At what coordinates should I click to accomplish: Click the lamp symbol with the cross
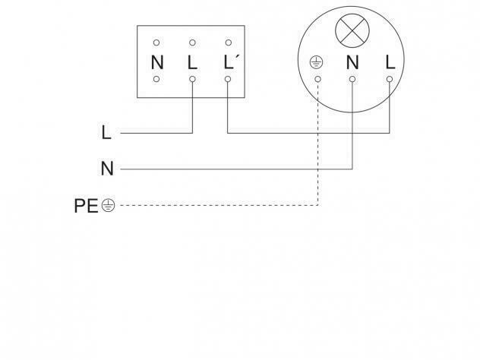[352, 30]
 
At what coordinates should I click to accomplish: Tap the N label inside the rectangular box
[157, 62]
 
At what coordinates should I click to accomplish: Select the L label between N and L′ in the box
[192, 62]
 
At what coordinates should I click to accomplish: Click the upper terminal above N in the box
[156, 43]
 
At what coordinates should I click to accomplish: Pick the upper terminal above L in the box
[192, 43]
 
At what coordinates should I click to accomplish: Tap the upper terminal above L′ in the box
[229, 43]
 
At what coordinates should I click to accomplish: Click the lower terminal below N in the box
[156, 79]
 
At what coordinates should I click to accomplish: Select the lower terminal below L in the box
[192, 79]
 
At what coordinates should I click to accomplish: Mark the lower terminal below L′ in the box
[228, 79]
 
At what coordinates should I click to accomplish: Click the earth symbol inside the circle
[316, 62]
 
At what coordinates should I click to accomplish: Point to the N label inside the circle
[352, 62]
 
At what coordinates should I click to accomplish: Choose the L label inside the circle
[390, 62]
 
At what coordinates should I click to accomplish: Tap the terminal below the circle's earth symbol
[318, 79]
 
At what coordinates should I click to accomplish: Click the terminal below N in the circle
[352, 79]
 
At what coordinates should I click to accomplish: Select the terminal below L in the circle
[390, 79]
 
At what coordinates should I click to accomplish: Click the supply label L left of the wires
[106, 133]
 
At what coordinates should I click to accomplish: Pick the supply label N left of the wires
[107, 169]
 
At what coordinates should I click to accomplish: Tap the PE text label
[86, 206]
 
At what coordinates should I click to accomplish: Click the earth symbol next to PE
[108, 205]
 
